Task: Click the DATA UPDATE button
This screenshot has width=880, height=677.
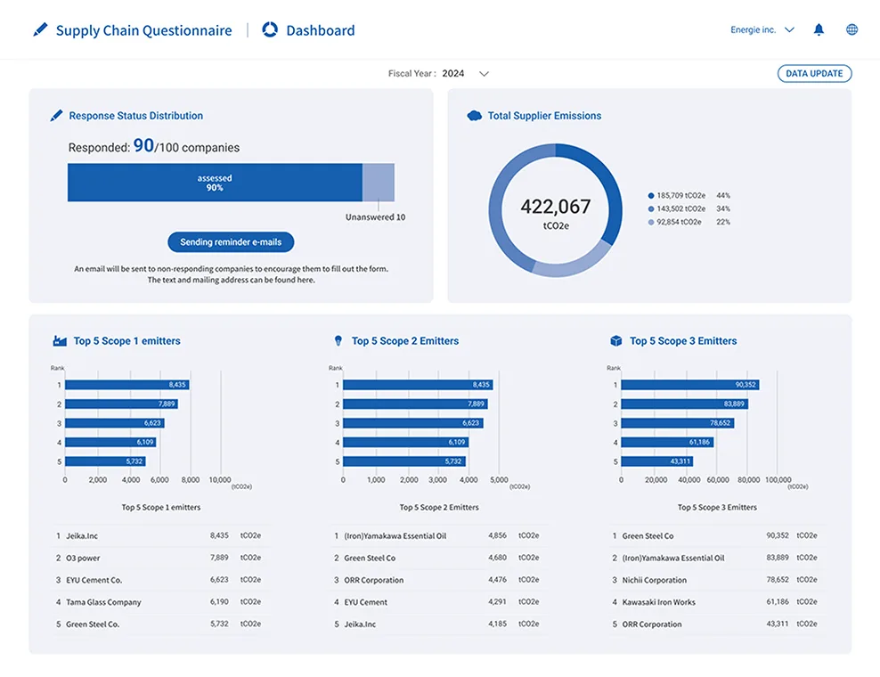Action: point(814,74)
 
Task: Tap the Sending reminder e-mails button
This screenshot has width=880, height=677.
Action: point(231,242)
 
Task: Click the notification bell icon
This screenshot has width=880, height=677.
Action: point(819,29)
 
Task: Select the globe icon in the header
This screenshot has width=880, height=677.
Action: point(851,29)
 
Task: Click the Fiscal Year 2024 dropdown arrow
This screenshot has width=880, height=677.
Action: point(484,74)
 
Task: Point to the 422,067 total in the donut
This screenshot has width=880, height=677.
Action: point(556,207)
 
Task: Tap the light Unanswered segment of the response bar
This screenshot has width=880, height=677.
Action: point(379,183)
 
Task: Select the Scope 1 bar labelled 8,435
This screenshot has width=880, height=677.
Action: point(126,385)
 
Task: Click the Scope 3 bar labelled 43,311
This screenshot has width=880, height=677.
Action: point(656,461)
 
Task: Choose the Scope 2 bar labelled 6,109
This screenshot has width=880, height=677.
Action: point(406,443)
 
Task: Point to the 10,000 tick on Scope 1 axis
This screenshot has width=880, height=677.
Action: point(220,480)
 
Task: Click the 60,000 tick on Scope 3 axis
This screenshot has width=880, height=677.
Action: point(718,480)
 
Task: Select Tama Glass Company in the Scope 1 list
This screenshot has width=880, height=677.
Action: point(104,602)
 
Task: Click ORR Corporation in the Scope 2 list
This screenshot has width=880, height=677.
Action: point(374,580)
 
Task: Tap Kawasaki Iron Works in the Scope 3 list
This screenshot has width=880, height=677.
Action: point(659,602)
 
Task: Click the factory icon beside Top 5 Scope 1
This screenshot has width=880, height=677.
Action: point(60,340)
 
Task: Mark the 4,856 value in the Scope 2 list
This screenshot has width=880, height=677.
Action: point(497,535)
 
